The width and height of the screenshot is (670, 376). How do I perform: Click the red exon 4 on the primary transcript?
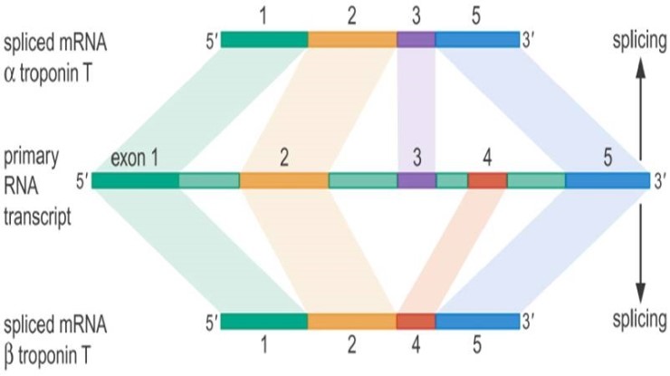487,180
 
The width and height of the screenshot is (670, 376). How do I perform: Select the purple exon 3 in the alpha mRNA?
416,39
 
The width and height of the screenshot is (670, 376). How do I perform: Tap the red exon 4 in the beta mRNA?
416,321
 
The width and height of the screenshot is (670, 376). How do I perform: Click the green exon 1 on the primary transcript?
135,180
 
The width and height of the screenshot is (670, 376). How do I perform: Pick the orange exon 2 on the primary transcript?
284,180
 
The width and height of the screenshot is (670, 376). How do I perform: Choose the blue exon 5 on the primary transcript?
608,180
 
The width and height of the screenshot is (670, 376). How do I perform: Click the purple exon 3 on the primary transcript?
416,180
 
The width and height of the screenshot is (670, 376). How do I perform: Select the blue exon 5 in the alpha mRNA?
477,39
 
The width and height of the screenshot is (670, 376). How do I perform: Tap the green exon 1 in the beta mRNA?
264,321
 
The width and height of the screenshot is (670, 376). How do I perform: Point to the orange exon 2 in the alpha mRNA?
352,39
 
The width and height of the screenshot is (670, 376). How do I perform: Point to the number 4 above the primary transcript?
487,157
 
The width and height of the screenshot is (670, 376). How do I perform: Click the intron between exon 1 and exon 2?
209,180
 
